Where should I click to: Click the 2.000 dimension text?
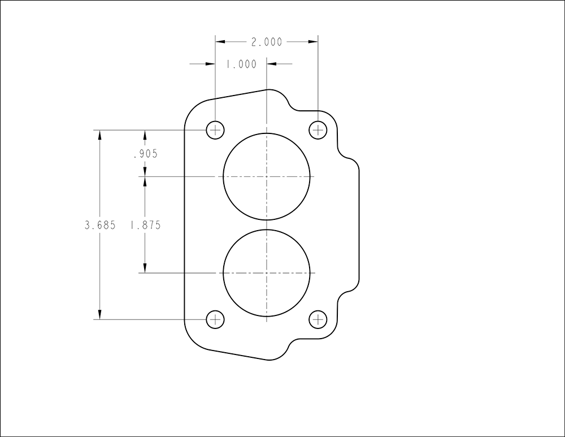[266, 42]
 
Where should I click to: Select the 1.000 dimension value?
[241, 64]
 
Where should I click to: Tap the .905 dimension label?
[145, 154]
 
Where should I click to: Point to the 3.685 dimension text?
[100, 225]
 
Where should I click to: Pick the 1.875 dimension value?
[145, 225]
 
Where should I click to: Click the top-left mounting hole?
[215, 130]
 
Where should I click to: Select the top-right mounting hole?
[318, 130]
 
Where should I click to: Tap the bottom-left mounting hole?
[215, 319]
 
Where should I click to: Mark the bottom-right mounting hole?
[318, 319]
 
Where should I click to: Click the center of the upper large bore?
[267, 176]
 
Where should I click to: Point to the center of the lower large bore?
[267, 273]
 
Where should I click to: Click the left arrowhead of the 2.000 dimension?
[220, 42]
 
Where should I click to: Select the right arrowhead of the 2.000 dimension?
[313, 42]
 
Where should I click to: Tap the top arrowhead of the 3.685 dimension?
[100, 135]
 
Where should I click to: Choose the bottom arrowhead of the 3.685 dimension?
[100, 314]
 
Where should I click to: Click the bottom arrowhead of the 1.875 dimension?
[145, 268]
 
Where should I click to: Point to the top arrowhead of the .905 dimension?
[145, 135]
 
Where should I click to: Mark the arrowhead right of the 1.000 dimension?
[272, 64]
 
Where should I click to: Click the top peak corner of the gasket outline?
[267, 90]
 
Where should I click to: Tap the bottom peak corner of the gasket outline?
[267, 360]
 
